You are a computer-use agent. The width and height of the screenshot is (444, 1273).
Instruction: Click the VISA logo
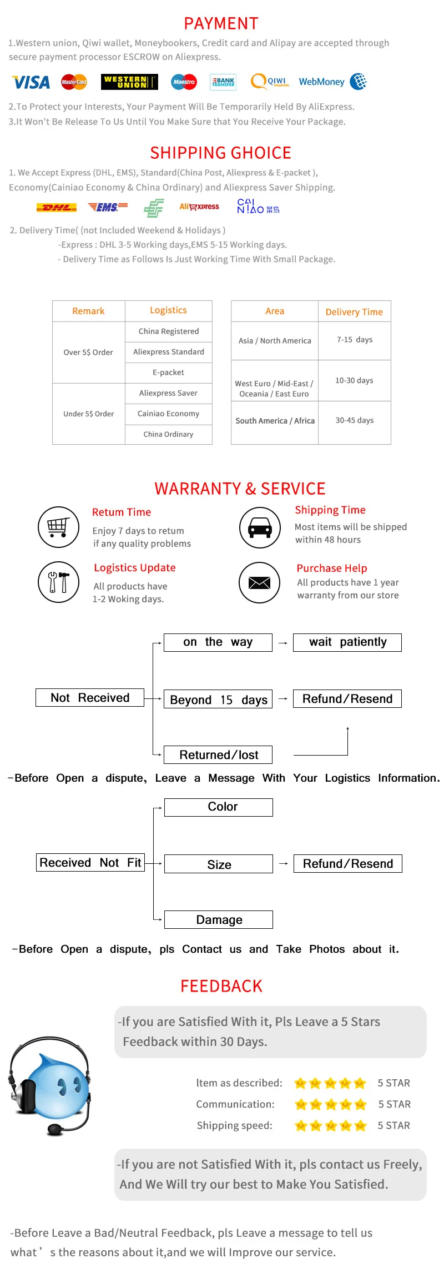31,82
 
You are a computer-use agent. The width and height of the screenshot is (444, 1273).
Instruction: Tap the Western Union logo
129,82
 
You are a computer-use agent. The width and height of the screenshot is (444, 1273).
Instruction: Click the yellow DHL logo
56,208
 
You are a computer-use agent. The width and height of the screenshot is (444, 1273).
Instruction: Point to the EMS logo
108,207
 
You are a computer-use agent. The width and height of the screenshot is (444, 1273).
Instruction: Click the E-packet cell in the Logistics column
168,373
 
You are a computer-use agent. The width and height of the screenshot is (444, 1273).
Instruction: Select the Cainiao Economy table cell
168,414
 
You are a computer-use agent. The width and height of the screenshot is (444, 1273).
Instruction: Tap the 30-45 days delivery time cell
354,420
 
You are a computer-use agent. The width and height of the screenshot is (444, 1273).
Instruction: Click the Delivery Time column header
354,311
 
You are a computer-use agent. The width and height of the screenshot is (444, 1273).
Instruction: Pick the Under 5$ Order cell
88,414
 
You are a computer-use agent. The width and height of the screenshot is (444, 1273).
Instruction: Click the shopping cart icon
58,527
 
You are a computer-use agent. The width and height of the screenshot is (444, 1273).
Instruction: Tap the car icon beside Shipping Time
259,527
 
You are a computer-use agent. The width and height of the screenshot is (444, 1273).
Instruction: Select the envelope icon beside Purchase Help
259,582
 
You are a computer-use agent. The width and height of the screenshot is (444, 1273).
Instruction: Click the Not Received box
90,698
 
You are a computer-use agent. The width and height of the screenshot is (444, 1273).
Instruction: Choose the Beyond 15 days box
218,700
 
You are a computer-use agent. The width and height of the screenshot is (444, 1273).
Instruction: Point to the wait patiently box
347,642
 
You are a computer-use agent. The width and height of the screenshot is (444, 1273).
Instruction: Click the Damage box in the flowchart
219,920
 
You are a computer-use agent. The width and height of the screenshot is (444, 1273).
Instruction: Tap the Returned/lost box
218,755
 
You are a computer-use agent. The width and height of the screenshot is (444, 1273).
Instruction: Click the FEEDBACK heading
221,986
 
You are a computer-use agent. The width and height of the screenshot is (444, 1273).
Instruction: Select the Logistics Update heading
134,567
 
